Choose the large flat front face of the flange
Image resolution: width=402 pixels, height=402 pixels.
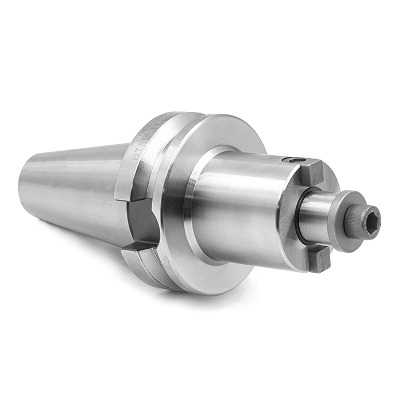(x=190, y=253)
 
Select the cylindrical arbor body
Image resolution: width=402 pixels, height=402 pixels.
(x=241, y=201)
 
